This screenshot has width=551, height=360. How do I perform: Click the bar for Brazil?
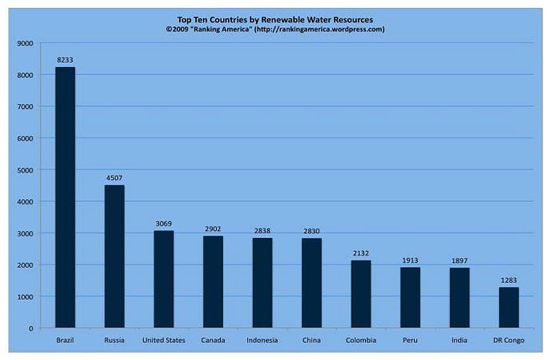coord(65,197)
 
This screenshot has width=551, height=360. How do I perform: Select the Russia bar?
coord(115,256)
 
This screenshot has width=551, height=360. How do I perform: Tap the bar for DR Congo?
coord(509,308)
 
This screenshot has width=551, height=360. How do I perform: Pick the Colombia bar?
coord(361,294)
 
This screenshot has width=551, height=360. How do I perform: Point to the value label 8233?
coord(65,59)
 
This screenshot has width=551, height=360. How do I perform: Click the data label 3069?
coord(164,223)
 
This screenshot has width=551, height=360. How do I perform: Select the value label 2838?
coord(262,231)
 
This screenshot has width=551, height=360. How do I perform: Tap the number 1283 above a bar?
coord(509,280)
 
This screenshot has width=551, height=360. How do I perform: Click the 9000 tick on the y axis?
coord(26,43)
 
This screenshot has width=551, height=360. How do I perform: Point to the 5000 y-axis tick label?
coord(26,170)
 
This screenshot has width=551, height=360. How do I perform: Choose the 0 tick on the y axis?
coord(31,328)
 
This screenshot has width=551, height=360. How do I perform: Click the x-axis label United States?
coord(164,340)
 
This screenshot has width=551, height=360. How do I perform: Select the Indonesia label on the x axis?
coord(262,340)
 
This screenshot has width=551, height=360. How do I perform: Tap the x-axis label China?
coord(311,340)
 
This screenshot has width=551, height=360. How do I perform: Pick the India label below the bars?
coord(459,340)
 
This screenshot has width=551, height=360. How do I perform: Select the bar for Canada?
coord(213,282)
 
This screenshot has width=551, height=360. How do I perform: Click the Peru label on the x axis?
coord(410,340)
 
